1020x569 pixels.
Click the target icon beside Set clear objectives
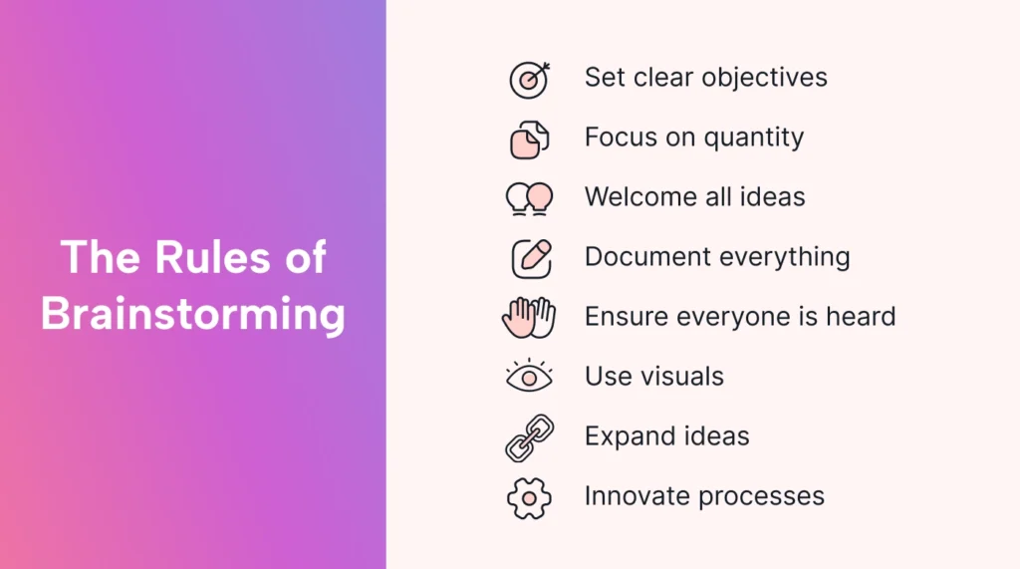(529, 79)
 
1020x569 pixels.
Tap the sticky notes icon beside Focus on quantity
(529, 139)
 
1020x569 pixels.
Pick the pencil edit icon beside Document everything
(530, 258)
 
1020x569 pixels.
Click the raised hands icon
(529, 318)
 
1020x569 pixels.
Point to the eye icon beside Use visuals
(529, 377)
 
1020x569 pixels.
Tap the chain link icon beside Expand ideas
(529, 437)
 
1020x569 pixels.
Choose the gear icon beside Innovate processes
(529, 497)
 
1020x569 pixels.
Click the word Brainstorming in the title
(193, 314)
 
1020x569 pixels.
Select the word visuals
(682, 377)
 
